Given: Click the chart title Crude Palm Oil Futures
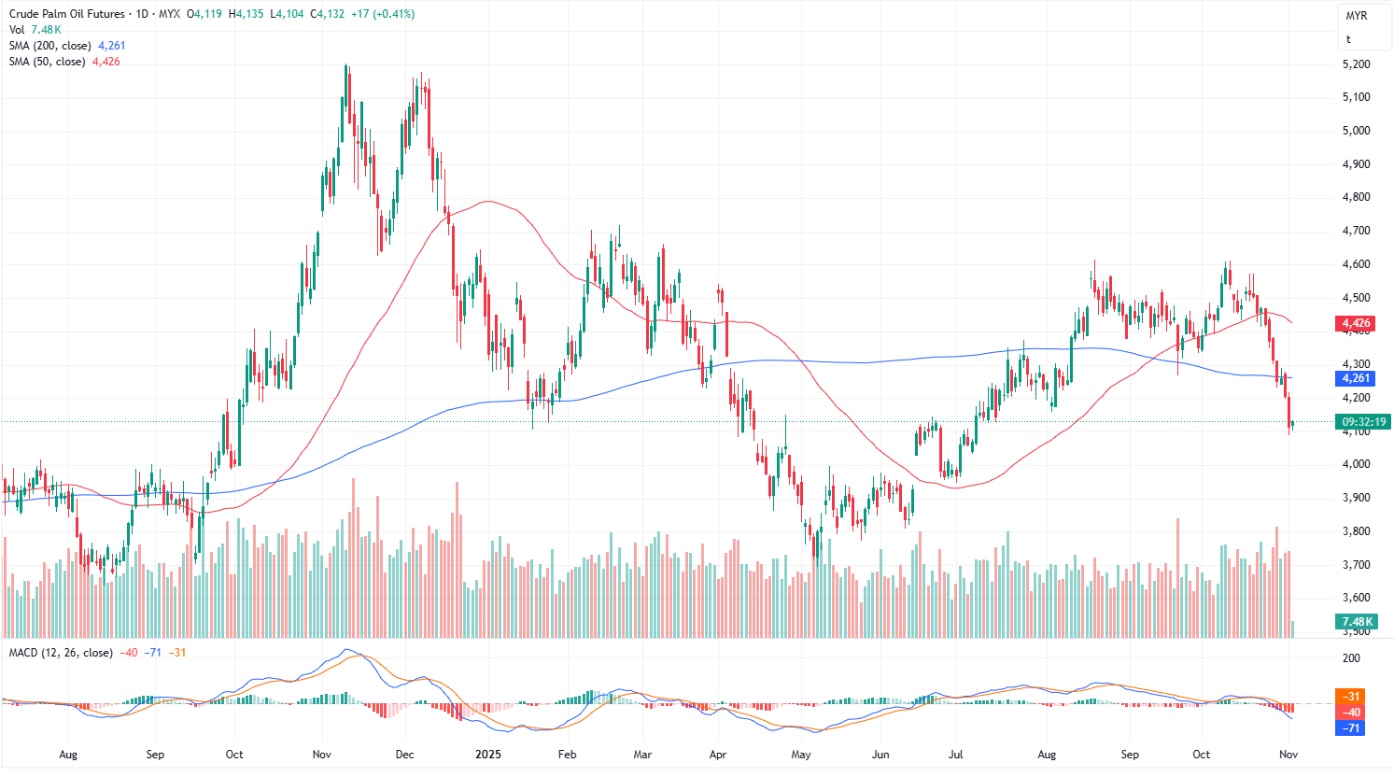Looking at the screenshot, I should tap(66, 14).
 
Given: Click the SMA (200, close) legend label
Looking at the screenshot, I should tap(51, 46).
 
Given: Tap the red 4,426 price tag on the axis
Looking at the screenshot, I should tap(1356, 324).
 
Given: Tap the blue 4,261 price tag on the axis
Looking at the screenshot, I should tap(1356, 378).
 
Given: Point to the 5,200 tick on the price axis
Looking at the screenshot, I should tap(1356, 64).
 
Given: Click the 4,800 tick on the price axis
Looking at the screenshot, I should tap(1356, 197).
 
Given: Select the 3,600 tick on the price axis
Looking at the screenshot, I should tap(1356, 598).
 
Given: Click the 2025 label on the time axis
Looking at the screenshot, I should tap(488, 755).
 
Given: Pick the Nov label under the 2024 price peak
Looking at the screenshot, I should tap(321, 755).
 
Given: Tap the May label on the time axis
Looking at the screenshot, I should tap(800, 755).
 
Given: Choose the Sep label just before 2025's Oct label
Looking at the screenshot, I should tap(1130, 755).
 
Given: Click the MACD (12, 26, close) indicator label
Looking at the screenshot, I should tap(61, 653).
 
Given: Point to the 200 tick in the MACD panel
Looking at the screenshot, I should tap(1351, 658).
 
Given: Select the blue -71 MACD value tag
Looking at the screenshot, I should tap(1351, 728).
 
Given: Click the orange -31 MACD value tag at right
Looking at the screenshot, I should tap(1351, 697).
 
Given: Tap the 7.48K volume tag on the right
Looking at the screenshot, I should tap(1358, 622).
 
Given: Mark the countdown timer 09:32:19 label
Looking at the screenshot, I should tap(1364, 421).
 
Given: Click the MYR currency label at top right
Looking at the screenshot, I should tap(1356, 16).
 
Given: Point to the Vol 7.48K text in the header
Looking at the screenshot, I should tap(35, 30).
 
